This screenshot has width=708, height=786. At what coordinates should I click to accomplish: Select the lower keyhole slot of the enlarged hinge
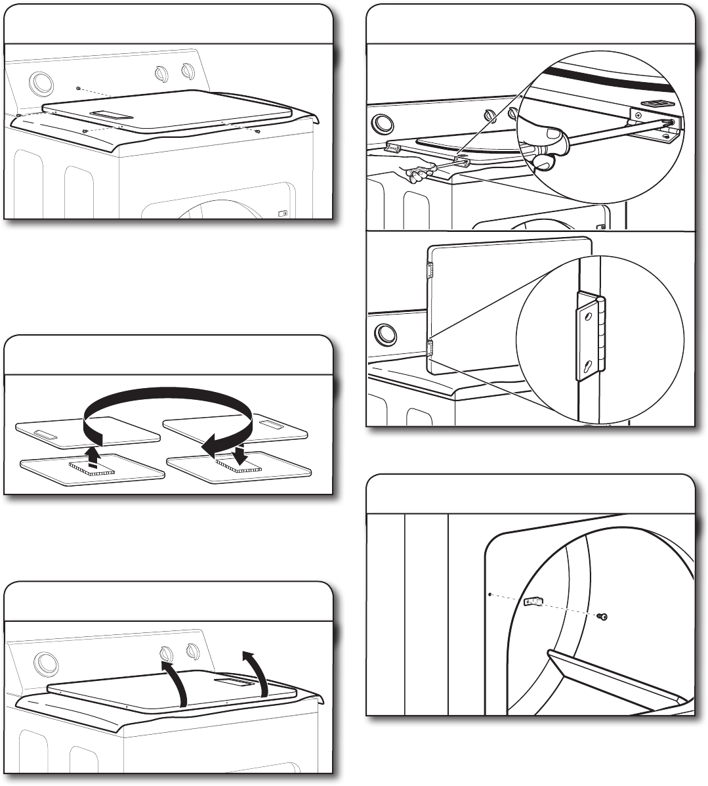tap(590, 366)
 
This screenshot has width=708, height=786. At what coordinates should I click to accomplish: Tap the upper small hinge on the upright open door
tap(430, 269)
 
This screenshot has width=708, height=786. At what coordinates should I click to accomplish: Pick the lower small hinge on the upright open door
tap(430, 347)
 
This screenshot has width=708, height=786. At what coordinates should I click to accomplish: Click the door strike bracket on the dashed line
tap(535, 601)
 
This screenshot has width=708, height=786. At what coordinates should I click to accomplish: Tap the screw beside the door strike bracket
tap(604, 617)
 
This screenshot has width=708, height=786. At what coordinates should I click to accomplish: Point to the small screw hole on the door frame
tap(490, 593)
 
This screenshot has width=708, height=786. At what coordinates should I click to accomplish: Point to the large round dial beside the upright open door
tap(385, 334)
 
